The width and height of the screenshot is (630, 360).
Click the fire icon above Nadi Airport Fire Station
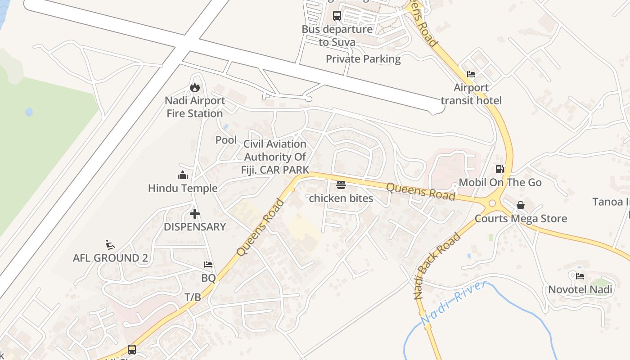195,87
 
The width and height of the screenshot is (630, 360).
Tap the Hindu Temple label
183,188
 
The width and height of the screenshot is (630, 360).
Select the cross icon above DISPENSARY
195,214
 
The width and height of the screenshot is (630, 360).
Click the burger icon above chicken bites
341,185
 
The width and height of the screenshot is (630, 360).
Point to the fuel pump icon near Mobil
500,169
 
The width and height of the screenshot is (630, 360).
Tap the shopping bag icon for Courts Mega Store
521,205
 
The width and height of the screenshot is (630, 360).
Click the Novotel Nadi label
580,289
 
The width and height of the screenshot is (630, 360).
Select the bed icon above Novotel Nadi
580,276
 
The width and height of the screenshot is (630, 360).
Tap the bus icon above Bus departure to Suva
337,16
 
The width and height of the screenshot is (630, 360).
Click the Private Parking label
363,59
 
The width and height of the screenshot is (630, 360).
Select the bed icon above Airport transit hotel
471,74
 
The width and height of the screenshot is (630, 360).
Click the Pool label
226,140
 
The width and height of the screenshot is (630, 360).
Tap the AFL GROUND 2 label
110,258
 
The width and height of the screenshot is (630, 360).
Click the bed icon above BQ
208,265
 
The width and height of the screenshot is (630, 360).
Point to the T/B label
193,297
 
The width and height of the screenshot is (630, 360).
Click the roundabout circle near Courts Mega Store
492,203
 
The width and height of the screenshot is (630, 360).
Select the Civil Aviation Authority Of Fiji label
275,157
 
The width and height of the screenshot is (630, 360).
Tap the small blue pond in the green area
29,112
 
